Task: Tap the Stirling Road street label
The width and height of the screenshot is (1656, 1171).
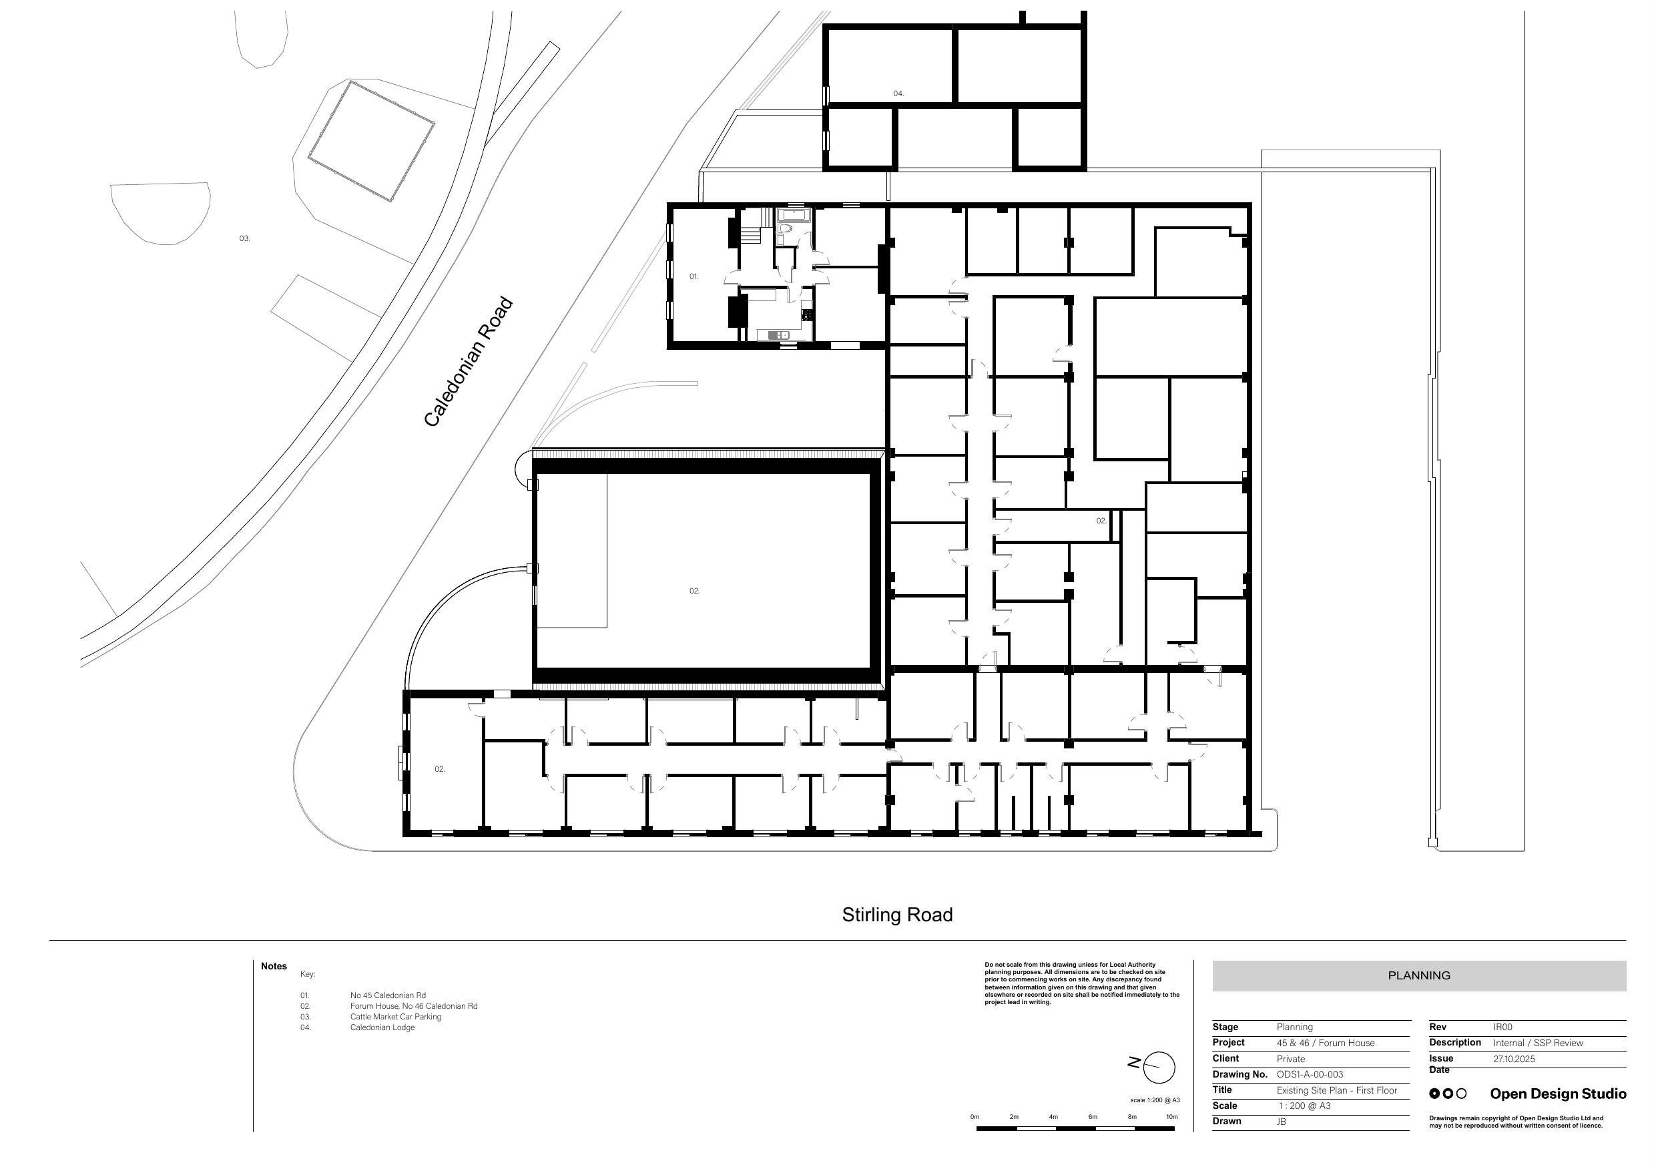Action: (897, 915)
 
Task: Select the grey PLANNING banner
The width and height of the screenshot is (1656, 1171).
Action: (1418, 975)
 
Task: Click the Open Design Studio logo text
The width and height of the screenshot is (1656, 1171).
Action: (1558, 1094)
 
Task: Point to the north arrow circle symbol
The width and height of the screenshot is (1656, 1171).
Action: (1159, 1067)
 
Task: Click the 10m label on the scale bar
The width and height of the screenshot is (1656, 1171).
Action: (1172, 1117)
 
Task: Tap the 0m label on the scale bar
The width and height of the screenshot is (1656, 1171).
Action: (975, 1117)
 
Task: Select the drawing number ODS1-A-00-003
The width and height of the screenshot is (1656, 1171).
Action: (1310, 1074)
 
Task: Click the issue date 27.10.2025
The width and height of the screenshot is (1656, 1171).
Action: (1514, 1059)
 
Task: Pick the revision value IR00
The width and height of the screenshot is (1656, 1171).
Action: (1502, 1027)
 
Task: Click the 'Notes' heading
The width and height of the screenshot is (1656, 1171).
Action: (274, 966)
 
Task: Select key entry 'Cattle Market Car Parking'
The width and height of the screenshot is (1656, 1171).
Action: (396, 1017)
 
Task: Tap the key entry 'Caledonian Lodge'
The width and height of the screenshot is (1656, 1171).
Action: (382, 1027)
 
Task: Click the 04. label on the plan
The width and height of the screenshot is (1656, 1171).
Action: (898, 93)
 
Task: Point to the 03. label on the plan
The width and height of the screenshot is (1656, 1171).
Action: (244, 238)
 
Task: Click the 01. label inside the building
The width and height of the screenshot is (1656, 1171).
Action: (694, 276)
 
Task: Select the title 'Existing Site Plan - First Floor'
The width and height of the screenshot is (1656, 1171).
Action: (1336, 1090)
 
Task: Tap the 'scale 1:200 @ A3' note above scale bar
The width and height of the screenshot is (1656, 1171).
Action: (1155, 1100)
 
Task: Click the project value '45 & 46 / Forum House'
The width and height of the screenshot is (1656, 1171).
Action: (1326, 1043)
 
